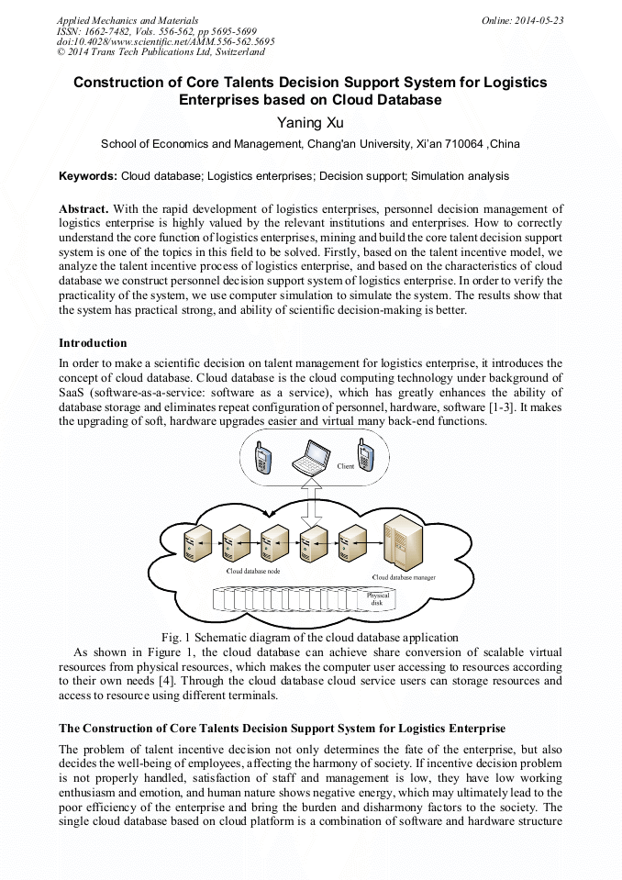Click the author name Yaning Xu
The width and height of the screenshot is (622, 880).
click(310, 121)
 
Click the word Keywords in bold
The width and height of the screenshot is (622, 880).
click(87, 175)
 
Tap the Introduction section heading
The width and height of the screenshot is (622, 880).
click(93, 343)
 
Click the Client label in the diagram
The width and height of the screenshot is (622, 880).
click(346, 466)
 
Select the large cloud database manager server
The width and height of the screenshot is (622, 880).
click(403, 543)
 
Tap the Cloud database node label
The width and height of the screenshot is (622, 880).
click(253, 571)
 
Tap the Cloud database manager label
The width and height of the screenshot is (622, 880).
click(404, 577)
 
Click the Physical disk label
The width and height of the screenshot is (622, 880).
click(378, 599)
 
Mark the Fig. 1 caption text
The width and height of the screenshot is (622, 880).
click(309, 638)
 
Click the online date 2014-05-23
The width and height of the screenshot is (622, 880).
click(542, 19)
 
